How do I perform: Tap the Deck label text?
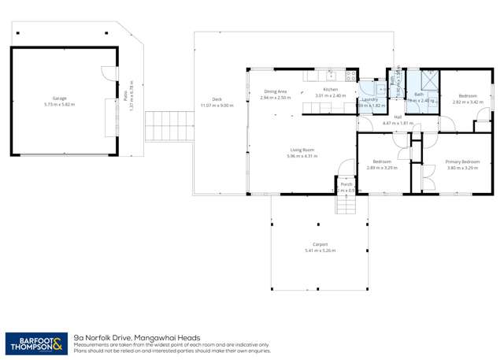217,100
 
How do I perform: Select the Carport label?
319,244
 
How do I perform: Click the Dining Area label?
275,91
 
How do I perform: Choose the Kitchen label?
330,90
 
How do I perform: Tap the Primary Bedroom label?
462,161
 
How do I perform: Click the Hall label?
398,117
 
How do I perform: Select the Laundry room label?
370,99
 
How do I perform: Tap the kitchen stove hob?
332,76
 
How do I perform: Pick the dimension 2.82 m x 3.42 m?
466,102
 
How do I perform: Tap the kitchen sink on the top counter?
346,76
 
